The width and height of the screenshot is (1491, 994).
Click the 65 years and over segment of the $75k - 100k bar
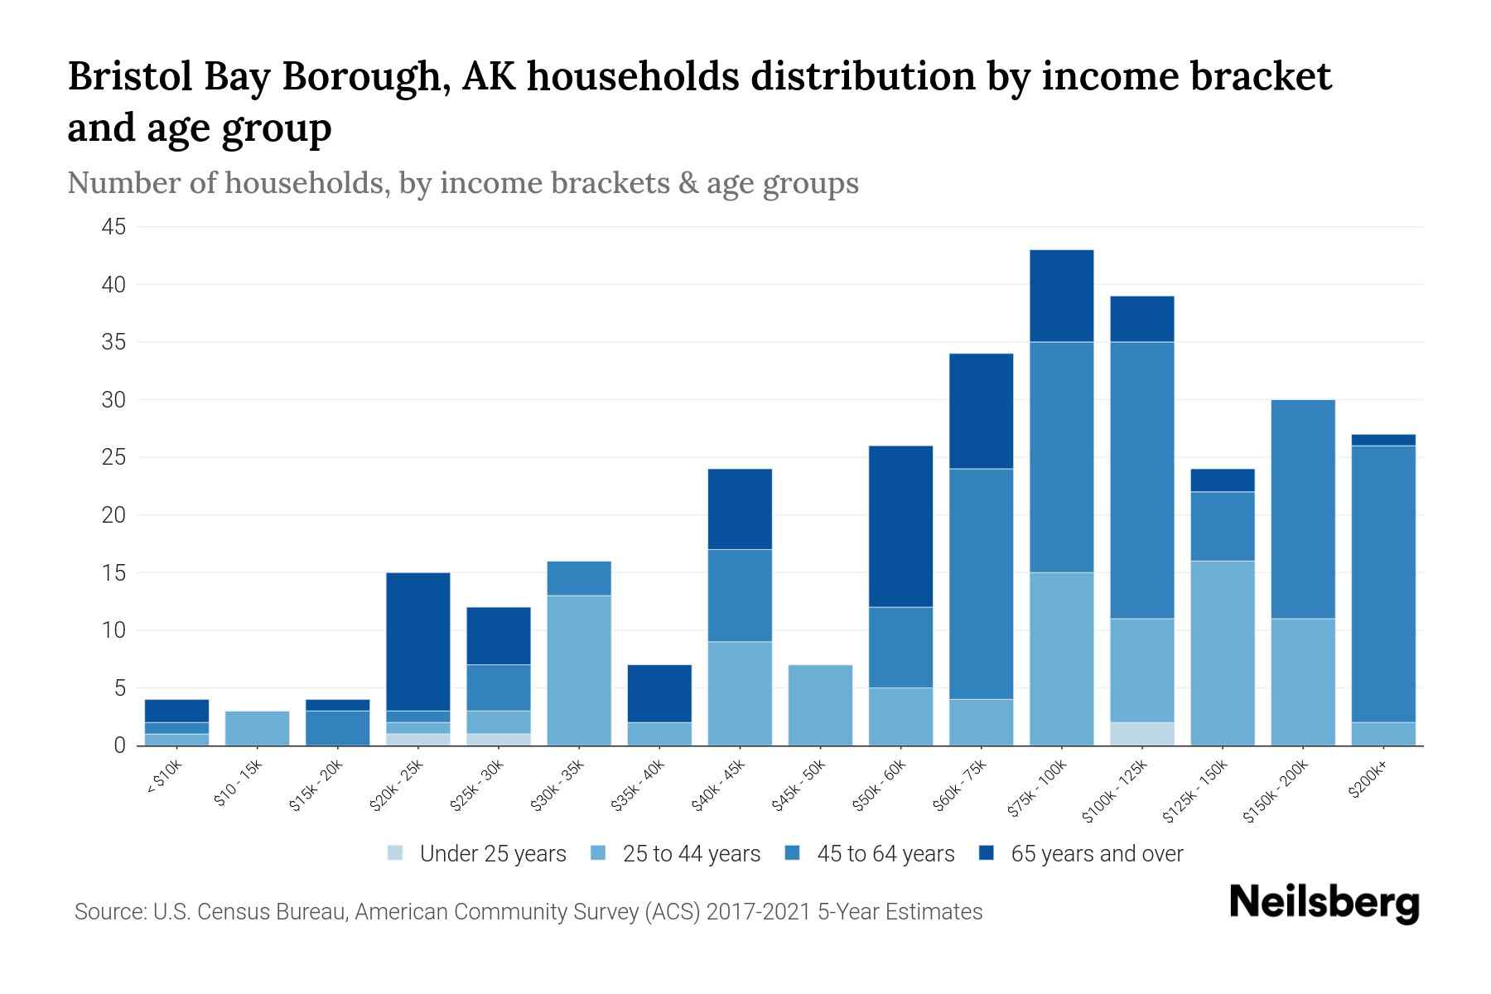1061,296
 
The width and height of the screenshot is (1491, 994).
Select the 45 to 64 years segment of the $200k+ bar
1382,584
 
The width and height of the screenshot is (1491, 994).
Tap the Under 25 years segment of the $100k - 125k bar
1141,734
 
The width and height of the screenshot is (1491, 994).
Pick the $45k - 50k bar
820,705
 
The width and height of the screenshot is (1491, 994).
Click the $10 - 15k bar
257,728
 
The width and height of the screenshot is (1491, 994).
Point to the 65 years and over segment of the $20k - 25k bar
417,641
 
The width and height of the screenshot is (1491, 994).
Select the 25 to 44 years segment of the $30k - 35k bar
579,670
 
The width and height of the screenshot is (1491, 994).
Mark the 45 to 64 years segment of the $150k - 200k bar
1302,509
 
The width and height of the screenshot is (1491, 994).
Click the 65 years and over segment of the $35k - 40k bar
659,693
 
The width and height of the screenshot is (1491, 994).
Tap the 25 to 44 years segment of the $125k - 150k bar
1222,653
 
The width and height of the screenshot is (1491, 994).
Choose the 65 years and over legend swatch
987,853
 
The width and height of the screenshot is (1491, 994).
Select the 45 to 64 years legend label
885,854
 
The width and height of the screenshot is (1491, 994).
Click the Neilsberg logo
1324,903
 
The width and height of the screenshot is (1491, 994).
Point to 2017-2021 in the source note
760,912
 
